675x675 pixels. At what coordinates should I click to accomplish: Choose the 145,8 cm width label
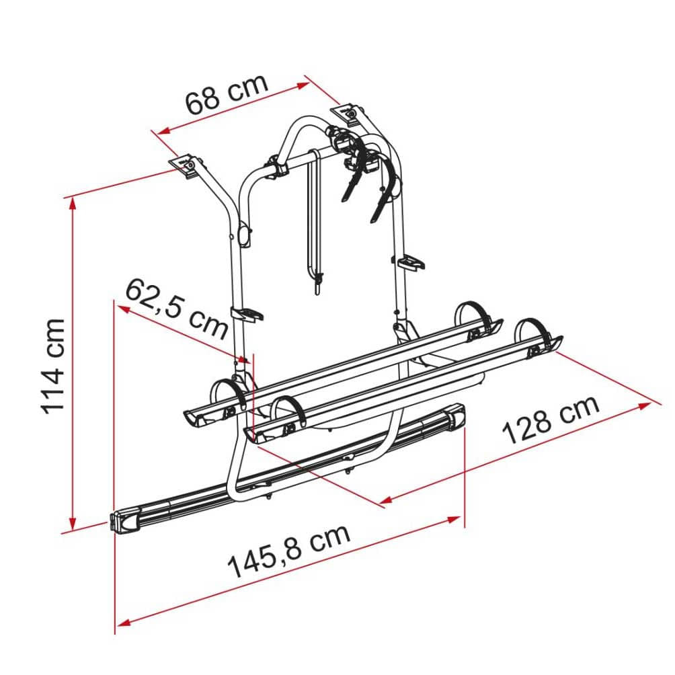pos(289,551)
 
